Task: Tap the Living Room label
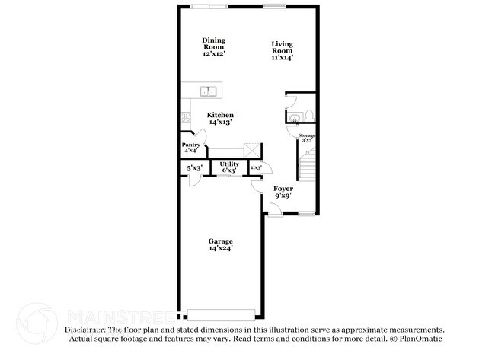(x=282, y=50)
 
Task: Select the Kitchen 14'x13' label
(x=220, y=118)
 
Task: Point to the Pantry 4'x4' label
(x=191, y=147)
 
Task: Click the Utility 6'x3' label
(x=229, y=167)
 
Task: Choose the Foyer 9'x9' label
(x=283, y=191)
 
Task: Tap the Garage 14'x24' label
(x=221, y=244)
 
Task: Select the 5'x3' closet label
(x=194, y=167)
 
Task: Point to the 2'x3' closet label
(x=256, y=167)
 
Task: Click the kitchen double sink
(x=208, y=92)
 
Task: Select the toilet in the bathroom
(x=309, y=116)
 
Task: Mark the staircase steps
(x=307, y=165)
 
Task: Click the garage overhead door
(x=222, y=314)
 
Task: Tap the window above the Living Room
(x=275, y=7)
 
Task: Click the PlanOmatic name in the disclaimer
(x=418, y=338)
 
